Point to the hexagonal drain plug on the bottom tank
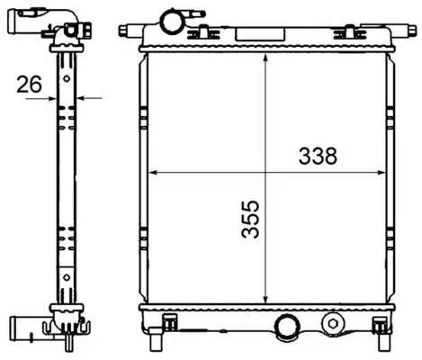[x=334, y=321]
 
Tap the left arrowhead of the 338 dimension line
[x=152, y=171]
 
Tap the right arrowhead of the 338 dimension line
[x=379, y=171]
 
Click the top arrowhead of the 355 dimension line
[x=265, y=56]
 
